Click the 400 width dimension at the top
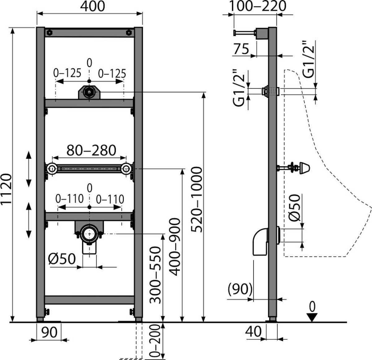tap(92, 6)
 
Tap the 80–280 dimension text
tap(91, 150)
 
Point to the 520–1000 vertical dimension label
tap(197, 200)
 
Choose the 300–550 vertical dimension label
tap(155, 275)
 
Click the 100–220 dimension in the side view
tap(257, 6)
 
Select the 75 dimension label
tap(241, 49)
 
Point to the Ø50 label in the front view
tap(62, 259)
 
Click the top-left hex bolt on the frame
tap(50, 33)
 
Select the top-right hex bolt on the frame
tap(129, 33)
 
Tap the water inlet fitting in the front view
tap(89, 92)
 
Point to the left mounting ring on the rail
tap(51, 169)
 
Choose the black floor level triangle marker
tap(312, 317)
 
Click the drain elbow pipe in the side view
tap(260, 242)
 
